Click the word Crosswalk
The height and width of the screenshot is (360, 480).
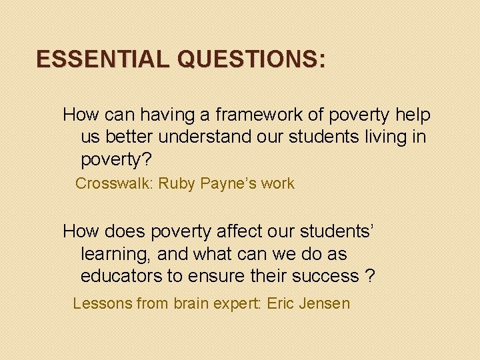pyautogui.click(x=113, y=184)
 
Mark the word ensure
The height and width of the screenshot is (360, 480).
pyautogui.click(x=217, y=276)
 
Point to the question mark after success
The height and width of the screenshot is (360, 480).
pyautogui.click(x=370, y=276)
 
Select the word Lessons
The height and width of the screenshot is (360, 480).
pyautogui.click(x=101, y=304)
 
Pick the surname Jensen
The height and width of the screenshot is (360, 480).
pyautogui.click(x=325, y=304)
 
